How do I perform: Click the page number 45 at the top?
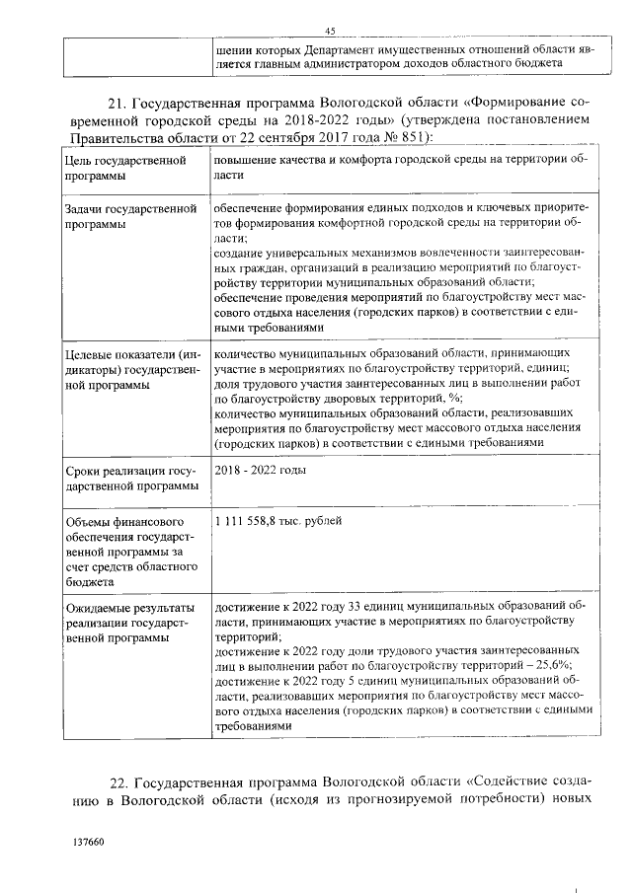(x=331, y=31)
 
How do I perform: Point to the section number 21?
(x=115, y=102)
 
